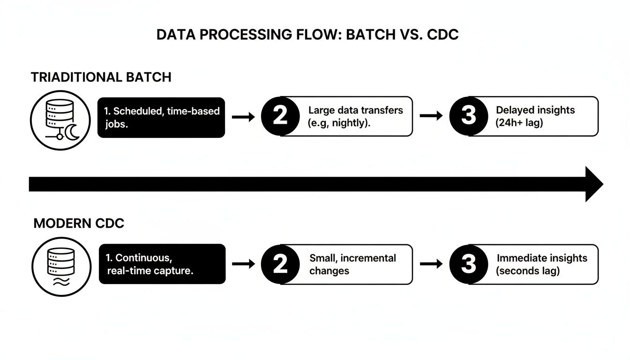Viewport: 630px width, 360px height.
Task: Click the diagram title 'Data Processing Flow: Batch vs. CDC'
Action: (307, 36)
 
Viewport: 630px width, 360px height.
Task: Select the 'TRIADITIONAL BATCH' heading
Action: (101, 77)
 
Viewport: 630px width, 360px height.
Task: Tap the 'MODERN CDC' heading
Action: (79, 224)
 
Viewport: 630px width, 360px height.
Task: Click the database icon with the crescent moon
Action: (60, 120)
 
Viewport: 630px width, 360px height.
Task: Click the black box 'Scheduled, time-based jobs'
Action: (161, 117)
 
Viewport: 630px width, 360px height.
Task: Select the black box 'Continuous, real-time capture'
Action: (162, 264)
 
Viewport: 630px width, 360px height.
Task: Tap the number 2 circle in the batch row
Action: (280, 116)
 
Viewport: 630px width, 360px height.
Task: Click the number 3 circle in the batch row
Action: (468, 116)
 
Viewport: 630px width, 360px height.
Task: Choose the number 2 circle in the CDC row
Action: (280, 264)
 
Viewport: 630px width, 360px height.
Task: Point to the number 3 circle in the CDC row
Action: (468, 264)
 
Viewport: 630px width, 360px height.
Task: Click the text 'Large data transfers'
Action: (355, 111)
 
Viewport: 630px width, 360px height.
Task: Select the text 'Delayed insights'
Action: (535, 110)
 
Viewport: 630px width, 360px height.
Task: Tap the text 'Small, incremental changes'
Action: (352, 264)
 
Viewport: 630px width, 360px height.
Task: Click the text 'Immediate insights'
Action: (542, 258)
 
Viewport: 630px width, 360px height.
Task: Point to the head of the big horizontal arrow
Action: (593, 184)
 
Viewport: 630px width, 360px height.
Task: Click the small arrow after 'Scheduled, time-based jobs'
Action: (243, 117)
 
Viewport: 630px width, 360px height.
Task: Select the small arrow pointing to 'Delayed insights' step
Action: (431, 117)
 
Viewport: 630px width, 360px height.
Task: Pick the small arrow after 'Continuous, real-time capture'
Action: (243, 264)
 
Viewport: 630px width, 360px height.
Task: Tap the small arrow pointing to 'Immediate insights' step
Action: (431, 264)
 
